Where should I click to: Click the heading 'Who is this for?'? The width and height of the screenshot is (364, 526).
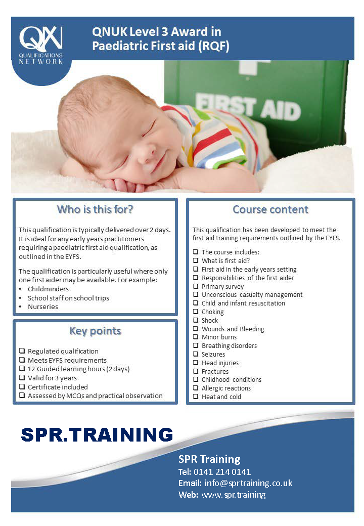pyautogui.click(x=95, y=209)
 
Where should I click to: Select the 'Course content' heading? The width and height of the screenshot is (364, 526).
pyautogui.click(x=270, y=209)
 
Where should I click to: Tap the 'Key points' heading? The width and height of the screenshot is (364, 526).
pyautogui.click(x=95, y=331)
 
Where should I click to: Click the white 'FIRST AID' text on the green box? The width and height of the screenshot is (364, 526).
pyautogui.click(x=248, y=107)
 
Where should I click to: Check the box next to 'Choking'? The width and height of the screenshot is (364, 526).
pyautogui.click(x=196, y=312)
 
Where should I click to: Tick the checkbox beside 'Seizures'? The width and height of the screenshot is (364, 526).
pyautogui.click(x=196, y=354)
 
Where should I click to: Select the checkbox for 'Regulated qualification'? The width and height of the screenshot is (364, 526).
pyautogui.click(x=22, y=351)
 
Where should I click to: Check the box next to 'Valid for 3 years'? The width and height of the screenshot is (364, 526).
pyautogui.click(x=22, y=378)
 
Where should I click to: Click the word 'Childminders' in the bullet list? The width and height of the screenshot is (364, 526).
pyautogui.click(x=48, y=289)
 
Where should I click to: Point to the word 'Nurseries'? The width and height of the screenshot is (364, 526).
pyautogui.click(x=43, y=306)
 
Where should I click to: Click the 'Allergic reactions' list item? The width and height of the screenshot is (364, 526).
pyautogui.click(x=226, y=388)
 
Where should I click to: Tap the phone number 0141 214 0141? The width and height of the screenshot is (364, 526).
pyautogui.click(x=222, y=472)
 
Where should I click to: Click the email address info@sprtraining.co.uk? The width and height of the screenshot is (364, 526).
pyautogui.click(x=248, y=483)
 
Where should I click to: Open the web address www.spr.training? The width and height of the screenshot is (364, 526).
pyautogui.click(x=234, y=495)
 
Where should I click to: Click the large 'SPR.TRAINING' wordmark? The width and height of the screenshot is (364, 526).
pyautogui.click(x=97, y=434)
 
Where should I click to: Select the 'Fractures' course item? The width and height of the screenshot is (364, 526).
pyautogui.click(x=215, y=371)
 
